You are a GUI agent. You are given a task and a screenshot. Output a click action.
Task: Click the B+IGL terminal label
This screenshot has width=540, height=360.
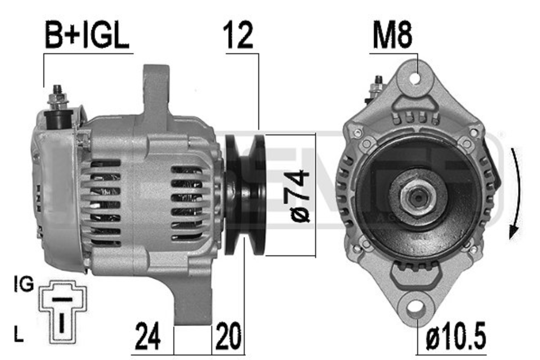point(87,36)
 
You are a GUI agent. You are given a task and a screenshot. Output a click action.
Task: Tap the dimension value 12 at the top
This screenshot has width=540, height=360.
point(238,36)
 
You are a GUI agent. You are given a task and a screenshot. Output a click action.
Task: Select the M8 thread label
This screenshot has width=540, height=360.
point(392,36)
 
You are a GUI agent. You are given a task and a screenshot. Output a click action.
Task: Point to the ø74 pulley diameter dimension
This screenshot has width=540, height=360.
point(300,195)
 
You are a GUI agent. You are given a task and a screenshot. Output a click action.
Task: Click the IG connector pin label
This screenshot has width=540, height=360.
point(23,285)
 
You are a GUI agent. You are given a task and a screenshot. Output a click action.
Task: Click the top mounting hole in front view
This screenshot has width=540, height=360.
point(416,78)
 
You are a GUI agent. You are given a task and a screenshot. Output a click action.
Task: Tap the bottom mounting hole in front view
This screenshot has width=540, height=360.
point(416,308)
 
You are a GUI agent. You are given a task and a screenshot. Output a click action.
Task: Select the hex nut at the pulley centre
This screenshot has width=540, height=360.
point(414,197)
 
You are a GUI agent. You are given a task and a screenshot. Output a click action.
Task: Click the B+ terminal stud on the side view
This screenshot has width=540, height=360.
point(57,96)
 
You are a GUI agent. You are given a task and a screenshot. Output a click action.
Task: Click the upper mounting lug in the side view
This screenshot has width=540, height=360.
point(156,90)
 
